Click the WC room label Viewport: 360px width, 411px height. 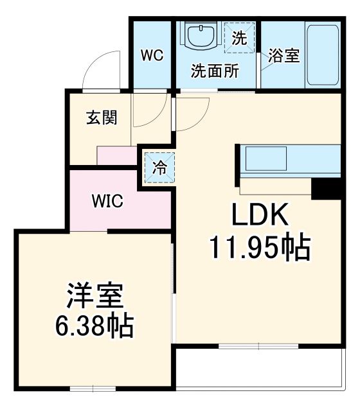click(x=152, y=55)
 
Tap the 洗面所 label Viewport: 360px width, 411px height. click(x=215, y=71)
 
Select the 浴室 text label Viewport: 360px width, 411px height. click(x=284, y=56)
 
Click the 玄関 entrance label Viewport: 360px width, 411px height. click(x=102, y=118)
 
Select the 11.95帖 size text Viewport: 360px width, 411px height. click(x=259, y=247)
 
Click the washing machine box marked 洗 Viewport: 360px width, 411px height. click(x=239, y=38)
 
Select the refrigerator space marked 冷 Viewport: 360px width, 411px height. click(x=159, y=167)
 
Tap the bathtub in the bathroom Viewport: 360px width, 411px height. click(x=322, y=57)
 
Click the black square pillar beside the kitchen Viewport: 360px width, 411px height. click(x=325, y=188)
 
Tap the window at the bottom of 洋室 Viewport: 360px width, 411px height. click(x=90, y=387)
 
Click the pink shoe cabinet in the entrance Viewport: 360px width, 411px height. click(x=116, y=155)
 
